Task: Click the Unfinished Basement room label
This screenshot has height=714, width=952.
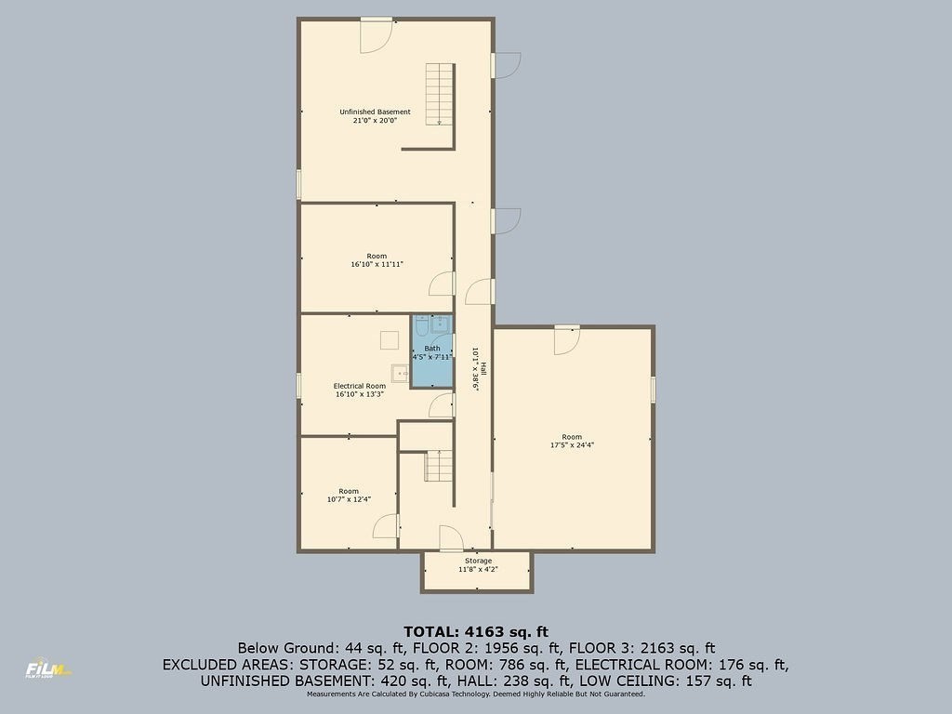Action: point(375,112)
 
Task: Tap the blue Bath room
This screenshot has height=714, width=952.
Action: point(432,350)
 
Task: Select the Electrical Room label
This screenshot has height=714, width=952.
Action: point(360,386)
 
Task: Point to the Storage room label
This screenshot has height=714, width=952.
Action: point(479,561)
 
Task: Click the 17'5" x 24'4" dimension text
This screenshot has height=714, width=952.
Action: point(572,445)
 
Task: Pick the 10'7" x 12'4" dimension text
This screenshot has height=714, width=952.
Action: point(349,499)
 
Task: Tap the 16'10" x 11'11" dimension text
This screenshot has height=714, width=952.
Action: point(377,265)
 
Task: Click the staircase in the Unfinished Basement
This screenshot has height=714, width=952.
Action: point(440,94)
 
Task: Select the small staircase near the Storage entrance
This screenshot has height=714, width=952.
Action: point(439,467)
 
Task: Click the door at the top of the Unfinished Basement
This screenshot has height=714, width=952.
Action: point(376,35)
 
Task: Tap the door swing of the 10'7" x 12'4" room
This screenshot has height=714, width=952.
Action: point(385,526)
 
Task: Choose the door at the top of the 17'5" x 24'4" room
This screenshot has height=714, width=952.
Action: point(566,340)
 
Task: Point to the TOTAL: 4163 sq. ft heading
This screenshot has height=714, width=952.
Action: point(476,632)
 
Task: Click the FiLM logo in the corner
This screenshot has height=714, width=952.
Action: point(47,669)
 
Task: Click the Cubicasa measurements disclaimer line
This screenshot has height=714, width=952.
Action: point(476,694)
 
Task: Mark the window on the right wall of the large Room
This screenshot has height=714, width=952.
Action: point(654,390)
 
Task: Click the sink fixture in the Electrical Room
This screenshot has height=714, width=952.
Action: point(400,374)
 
